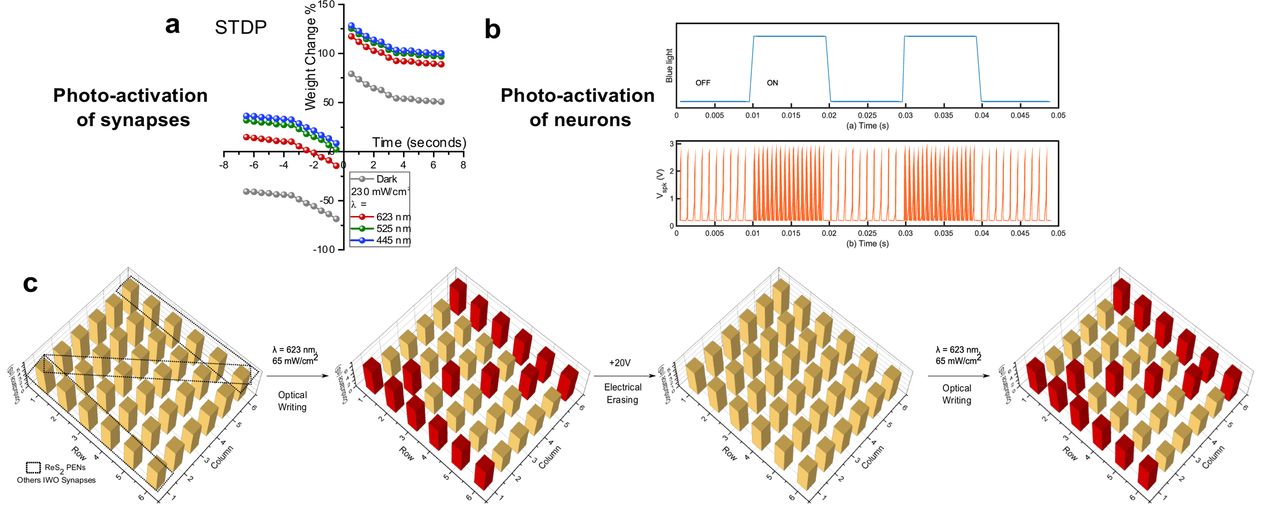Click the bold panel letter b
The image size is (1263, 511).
point(492,29)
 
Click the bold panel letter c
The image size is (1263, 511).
point(30,283)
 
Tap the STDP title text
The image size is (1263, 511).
point(240,28)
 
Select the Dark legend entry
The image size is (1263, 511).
point(386,179)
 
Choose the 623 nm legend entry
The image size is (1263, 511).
point(393,217)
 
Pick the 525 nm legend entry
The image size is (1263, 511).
point(393,228)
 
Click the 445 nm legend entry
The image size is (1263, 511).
point(393,240)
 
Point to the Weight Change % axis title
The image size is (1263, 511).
point(310,58)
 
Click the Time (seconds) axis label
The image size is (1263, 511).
point(419,143)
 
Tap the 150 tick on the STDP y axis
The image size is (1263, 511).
point(326,5)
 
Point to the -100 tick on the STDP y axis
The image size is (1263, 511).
point(324,249)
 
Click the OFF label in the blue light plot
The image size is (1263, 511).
point(702,83)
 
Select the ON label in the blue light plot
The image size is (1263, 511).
point(772,83)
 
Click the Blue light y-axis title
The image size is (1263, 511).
point(669,66)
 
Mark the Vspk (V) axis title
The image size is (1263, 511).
point(661,184)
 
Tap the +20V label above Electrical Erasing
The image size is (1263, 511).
point(620,363)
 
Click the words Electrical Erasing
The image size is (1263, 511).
point(622,393)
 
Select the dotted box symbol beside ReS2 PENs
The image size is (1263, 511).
point(33,468)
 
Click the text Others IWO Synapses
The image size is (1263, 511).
point(57,480)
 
